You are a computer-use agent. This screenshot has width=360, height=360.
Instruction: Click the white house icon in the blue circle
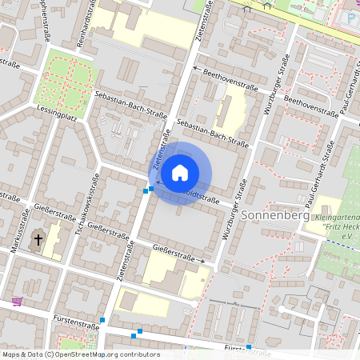click(180, 172)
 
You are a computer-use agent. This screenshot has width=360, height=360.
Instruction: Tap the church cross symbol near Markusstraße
click(38, 240)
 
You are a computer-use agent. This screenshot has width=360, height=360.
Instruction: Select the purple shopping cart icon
click(17, 302)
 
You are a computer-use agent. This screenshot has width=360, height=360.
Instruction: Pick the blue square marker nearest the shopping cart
click(102, 320)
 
